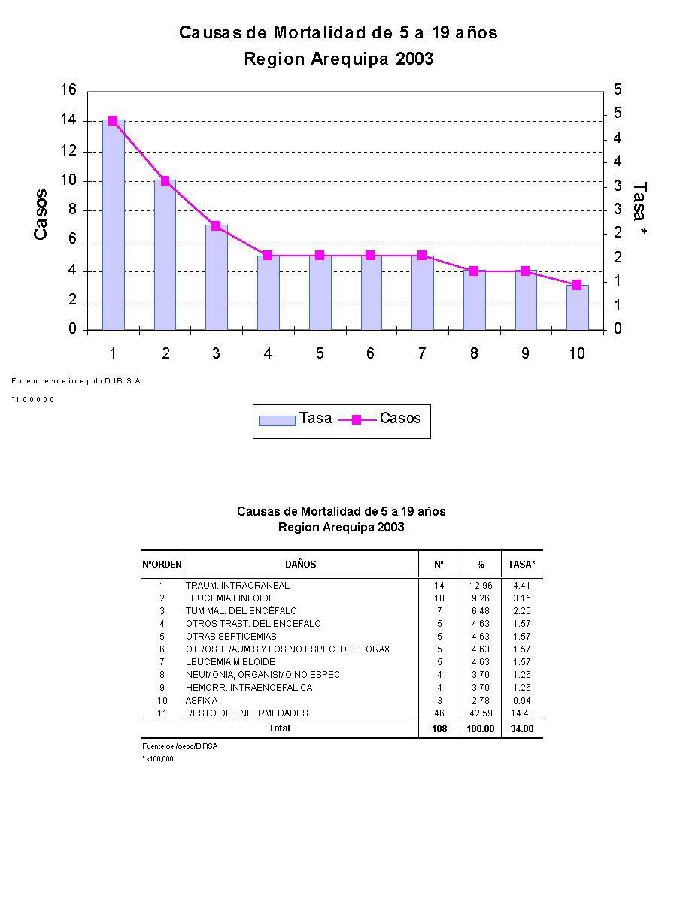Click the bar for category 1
(x=114, y=225)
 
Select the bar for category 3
(x=217, y=278)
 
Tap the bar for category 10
(x=577, y=308)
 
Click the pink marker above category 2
(x=165, y=180)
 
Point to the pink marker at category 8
(x=474, y=271)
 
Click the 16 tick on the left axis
(x=68, y=91)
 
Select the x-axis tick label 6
(x=370, y=353)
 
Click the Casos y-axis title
(x=41, y=214)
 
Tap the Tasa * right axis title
(x=640, y=210)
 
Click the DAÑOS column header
(x=300, y=564)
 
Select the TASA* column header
(x=521, y=564)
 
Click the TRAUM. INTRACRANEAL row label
(x=238, y=585)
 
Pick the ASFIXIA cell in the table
(x=202, y=700)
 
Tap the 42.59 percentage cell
(x=480, y=713)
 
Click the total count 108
(x=439, y=729)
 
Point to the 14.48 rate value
(x=522, y=713)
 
